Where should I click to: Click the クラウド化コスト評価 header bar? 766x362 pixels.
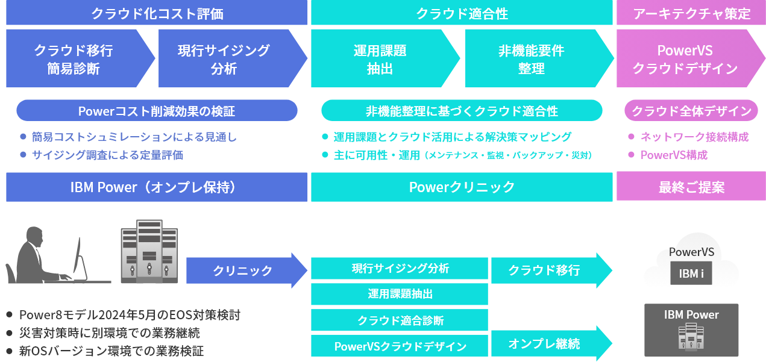tap(157, 13)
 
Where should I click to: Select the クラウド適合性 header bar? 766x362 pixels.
tap(462, 13)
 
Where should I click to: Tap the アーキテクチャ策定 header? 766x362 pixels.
tap(691, 13)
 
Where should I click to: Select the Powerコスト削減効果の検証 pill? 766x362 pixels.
tap(157, 110)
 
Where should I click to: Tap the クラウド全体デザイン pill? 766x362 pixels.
tap(691, 110)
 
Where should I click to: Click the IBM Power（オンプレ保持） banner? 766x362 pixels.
tap(157, 187)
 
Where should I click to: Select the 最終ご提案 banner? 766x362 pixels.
tap(691, 186)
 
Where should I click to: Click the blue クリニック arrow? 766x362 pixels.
tap(246, 270)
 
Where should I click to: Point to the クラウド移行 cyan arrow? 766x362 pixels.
tap(551, 270)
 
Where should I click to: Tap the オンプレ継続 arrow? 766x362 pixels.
tap(551, 343)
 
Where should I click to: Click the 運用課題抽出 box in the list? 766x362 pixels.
tap(400, 294)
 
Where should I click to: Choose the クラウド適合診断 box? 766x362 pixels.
tap(400, 320)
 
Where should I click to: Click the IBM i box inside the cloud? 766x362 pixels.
tap(691, 273)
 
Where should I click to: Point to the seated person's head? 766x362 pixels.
tap(35, 237)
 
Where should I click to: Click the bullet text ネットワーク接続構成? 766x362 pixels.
tap(694, 137)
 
